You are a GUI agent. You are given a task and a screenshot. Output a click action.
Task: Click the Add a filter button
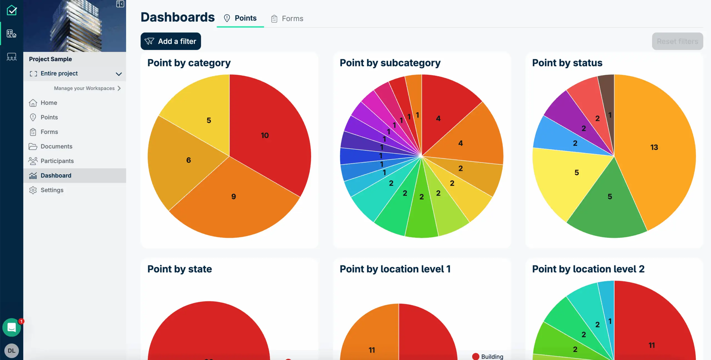[171, 41]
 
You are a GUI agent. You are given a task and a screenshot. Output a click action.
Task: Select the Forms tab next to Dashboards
[287, 19]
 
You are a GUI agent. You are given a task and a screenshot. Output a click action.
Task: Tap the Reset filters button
[677, 41]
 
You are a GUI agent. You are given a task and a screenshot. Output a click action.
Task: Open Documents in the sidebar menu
[56, 146]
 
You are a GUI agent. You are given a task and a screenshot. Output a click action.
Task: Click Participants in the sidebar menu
[57, 161]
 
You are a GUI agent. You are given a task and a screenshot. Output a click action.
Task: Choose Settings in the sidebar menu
[52, 190]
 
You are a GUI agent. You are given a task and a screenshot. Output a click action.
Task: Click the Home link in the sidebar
[49, 103]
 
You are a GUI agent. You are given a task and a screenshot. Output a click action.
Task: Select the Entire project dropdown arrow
[119, 74]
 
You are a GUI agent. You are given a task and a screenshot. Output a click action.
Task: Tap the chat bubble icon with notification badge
[12, 327]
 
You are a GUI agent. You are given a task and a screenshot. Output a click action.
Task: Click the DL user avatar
[12, 351]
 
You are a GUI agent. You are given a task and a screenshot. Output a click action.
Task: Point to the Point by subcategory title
[390, 63]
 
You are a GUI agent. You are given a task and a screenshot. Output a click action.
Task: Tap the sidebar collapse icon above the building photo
[120, 4]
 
